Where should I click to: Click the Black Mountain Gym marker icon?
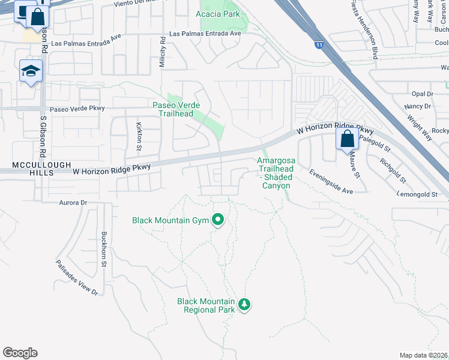tap(218, 221)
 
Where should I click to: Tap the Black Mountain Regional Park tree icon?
tap(244, 304)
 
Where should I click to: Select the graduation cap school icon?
tap(31, 71)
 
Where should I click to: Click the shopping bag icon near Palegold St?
tap(348, 139)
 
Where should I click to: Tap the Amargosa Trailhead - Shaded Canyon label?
tap(277, 173)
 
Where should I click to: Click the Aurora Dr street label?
tap(73, 203)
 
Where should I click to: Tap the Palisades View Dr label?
tap(77, 277)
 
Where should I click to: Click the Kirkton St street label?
tap(139, 136)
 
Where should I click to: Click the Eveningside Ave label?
tap(331, 181)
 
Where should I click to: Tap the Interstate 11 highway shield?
tap(318, 44)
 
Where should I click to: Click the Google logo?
tap(20, 352)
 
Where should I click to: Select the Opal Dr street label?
tap(422, 94)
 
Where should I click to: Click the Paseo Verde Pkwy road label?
tap(77, 109)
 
